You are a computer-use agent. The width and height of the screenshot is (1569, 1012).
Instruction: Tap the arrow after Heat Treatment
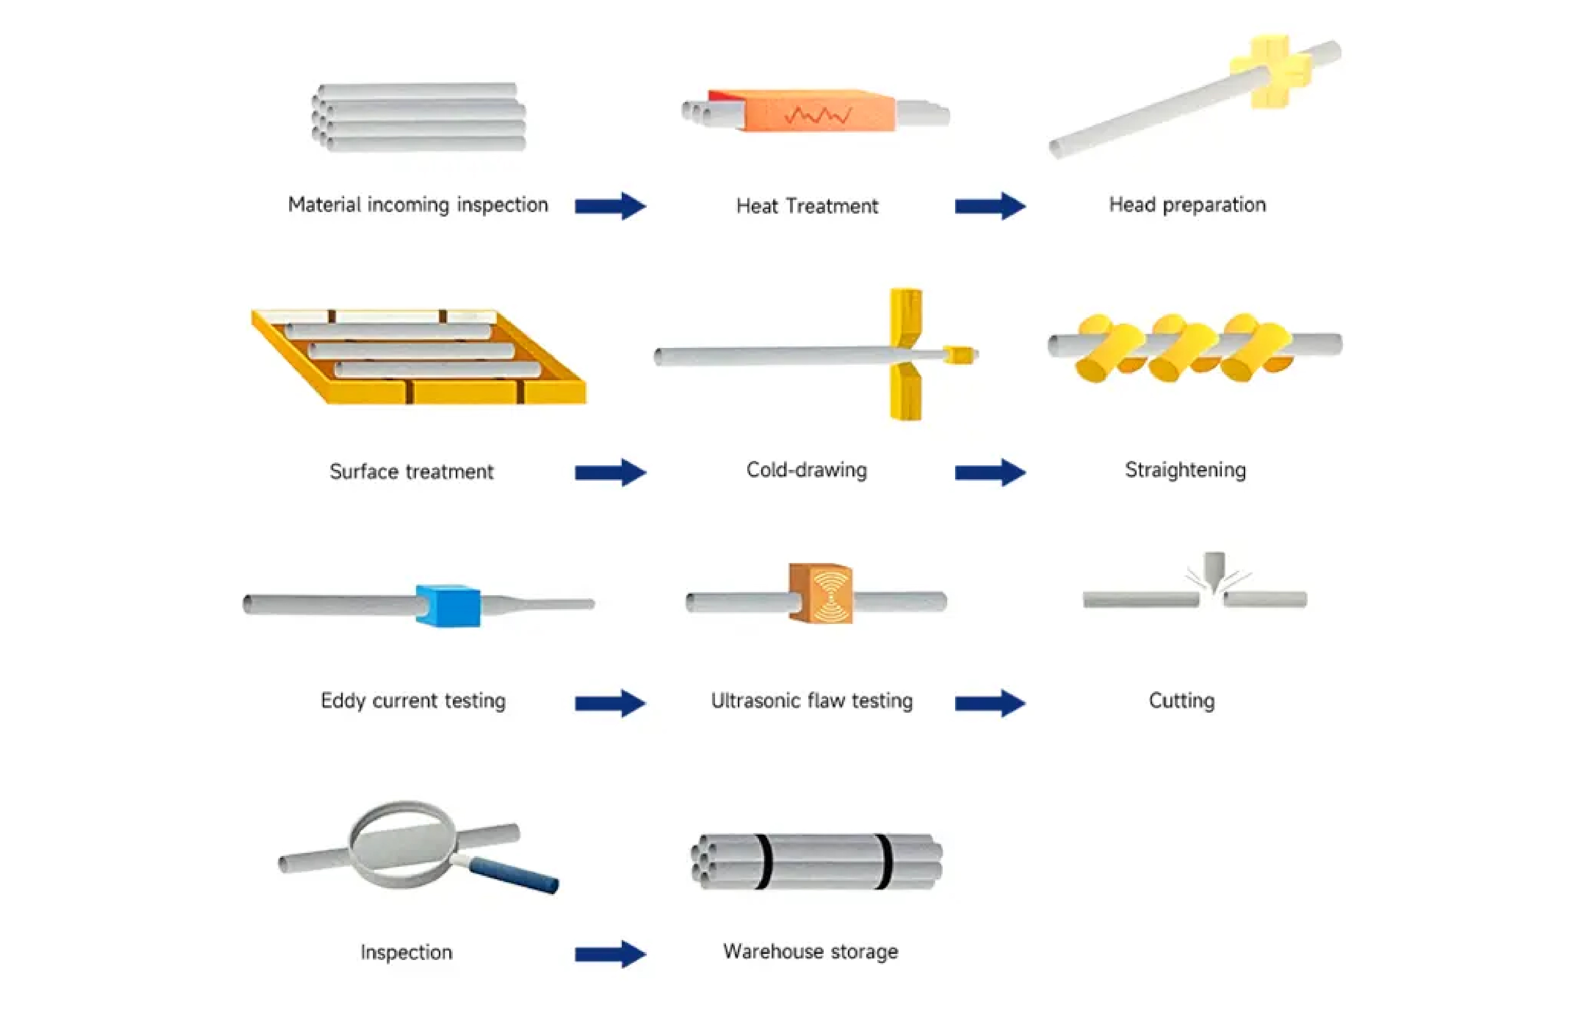pyautogui.click(x=988, y=206)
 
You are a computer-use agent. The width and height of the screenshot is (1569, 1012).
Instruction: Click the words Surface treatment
pyautogui.click(x=411, y=471)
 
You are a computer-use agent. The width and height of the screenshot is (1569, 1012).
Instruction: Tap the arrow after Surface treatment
pyautogui.click(x=609, y=472)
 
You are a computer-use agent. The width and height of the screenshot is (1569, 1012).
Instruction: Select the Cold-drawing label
pyautogui.click(x=806, y=469)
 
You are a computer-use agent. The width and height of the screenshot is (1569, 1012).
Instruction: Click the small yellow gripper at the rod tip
pyautogui.click(x=958, y=355)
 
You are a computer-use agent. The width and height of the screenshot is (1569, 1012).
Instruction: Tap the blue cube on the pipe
pyautogui.click(x=448, y=605)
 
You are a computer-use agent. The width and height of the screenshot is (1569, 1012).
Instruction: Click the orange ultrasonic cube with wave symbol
pyautogui.click(x=821, y=593)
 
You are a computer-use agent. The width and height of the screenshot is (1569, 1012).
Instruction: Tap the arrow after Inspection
pyautogui.click(x=609, y=954)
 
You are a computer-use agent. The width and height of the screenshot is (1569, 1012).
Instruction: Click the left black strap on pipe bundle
pyautogui.click(x=763, y=861)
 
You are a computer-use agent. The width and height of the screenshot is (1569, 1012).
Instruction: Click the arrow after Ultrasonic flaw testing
pyautogui.click(x=988, y=703)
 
